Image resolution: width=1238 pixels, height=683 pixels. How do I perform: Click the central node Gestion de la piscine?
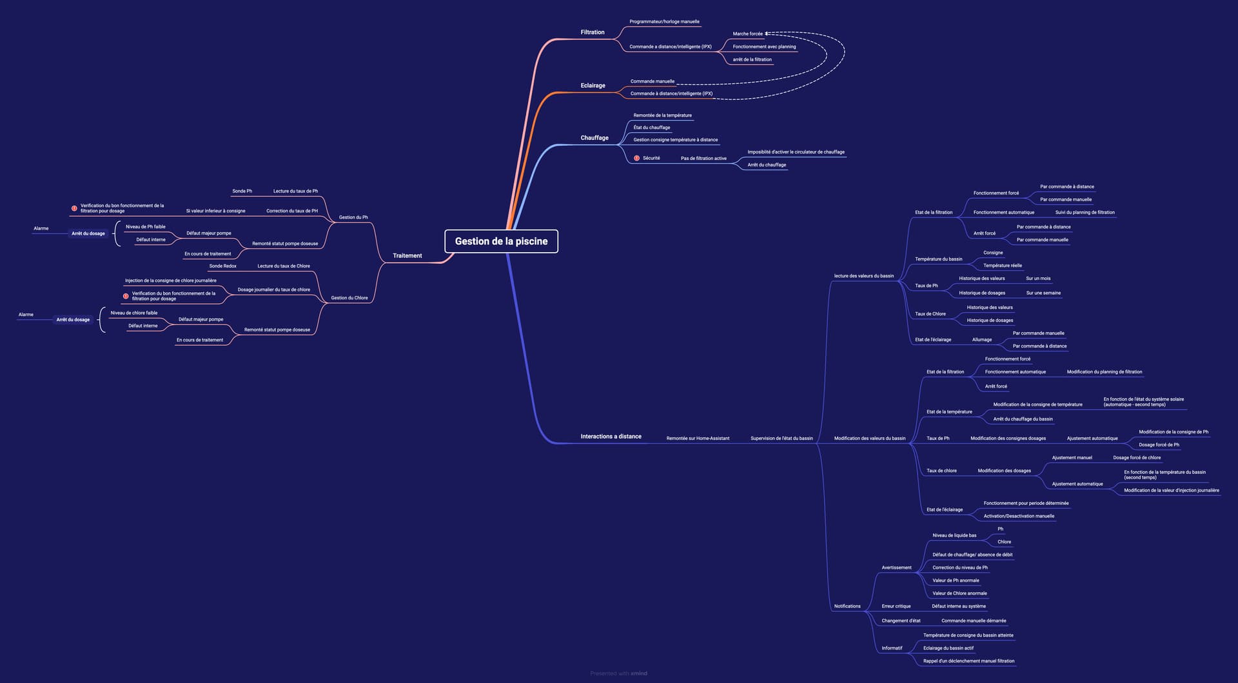(x=501, y=241)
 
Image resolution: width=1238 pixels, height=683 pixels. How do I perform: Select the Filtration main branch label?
(x=592, y=32)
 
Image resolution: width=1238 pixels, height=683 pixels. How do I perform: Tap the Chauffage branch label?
(x=594, y=138)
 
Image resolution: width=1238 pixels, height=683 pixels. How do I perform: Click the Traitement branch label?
(x=407, y=256)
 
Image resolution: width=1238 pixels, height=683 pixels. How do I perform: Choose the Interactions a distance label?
(x=611, y=437)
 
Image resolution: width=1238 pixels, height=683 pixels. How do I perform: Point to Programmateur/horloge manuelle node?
(x=664, y=22)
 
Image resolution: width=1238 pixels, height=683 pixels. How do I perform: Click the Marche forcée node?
(x=747, y=34)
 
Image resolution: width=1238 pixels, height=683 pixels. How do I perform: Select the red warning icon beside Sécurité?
(x=636, y=158)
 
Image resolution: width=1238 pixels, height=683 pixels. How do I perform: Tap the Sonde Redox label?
(x=222, y=266)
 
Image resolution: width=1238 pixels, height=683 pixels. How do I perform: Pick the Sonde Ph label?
(x=242, y=192)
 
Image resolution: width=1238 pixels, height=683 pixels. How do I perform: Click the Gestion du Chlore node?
(x=349, y=298)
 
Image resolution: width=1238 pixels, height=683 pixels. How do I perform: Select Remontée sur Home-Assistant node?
(x=698, y=439)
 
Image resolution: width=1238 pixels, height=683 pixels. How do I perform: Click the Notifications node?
(x=847, y=606)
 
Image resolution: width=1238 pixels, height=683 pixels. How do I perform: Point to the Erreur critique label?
(x=896, y=606)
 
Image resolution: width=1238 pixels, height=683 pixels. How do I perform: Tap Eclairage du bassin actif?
(x=948, y=648)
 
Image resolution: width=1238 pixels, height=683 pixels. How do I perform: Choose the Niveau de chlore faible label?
(x=133, y=313)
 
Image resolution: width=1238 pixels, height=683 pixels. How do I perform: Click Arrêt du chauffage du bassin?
(x=1023, y=419)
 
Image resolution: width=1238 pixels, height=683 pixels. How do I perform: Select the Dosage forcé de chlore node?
(x=1136, y=458)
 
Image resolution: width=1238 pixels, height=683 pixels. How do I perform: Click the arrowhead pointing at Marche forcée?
(x=767, y=34)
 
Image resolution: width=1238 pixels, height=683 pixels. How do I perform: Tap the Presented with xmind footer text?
(x=618, y=673)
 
